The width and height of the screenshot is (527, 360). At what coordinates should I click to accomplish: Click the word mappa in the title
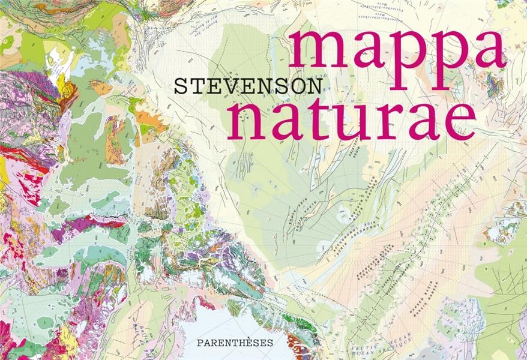tap(399, 54)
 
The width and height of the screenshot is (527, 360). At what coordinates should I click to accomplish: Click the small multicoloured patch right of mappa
tap(496, 84)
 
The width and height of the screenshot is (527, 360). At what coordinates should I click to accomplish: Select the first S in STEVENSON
tap(179, 85)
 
